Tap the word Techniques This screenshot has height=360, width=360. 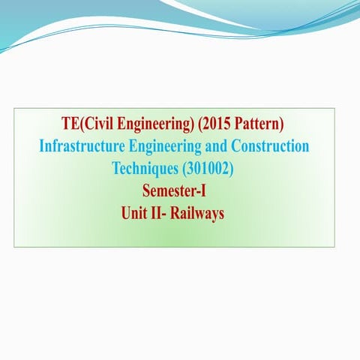(142, 168)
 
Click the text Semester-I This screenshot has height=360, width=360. (174, 190)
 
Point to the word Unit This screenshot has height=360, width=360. (134, 213)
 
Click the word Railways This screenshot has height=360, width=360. (197, 213)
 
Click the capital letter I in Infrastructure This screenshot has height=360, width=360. (41, 145)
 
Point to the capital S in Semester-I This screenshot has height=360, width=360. (146, 190)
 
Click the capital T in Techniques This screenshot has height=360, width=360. (115, 168)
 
